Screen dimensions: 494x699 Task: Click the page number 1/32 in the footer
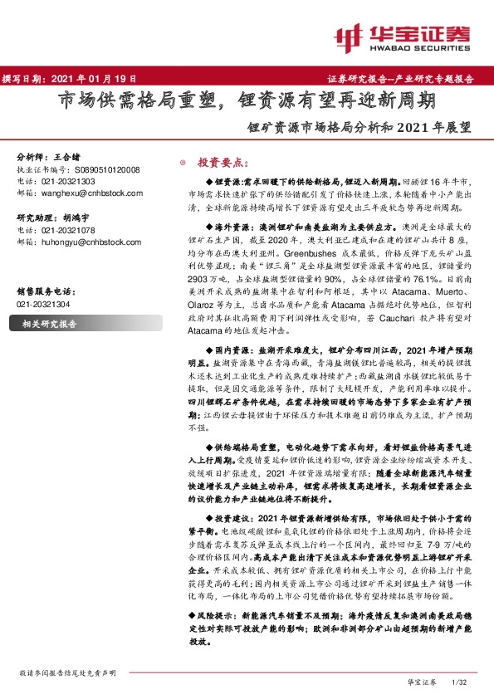(x=458, y=682)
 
